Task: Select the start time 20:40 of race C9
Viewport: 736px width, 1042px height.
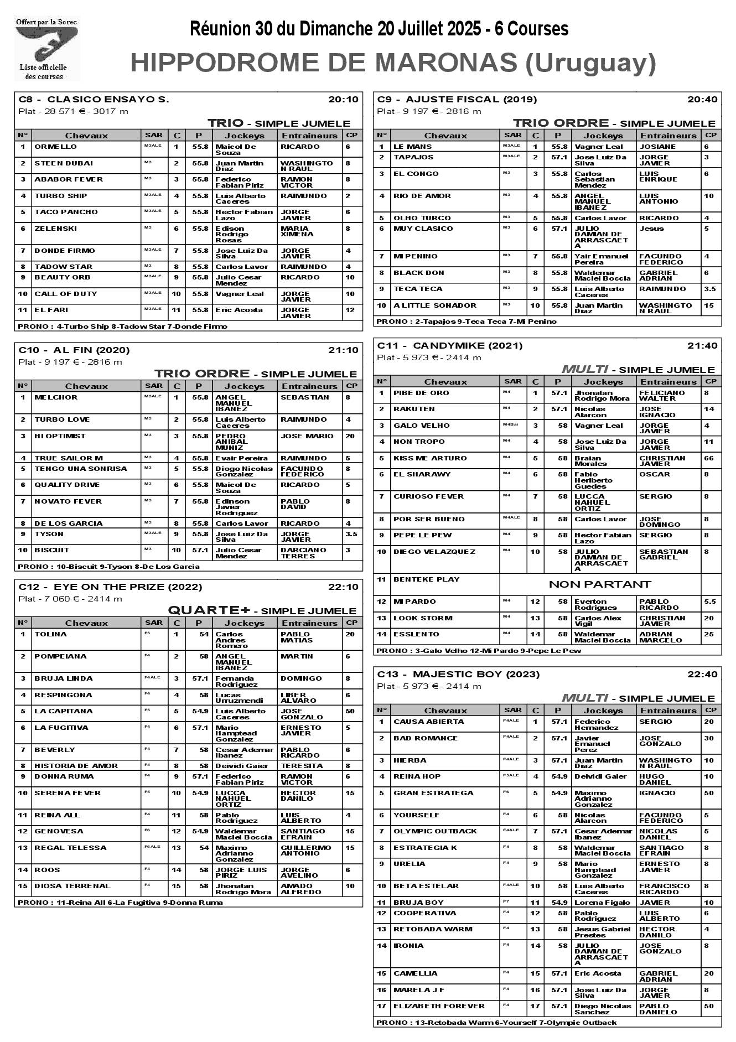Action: click(x=702, y=100)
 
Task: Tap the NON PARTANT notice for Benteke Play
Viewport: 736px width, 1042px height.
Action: click(x=599, y=584)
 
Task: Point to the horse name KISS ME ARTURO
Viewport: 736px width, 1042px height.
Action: click(x=430, y=458)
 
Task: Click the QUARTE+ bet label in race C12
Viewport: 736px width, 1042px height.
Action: click(x=209, y=610)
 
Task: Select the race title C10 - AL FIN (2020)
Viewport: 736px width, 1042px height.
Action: click(x=74, y=350)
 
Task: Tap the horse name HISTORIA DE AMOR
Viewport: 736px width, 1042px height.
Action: click(x=76, y=766)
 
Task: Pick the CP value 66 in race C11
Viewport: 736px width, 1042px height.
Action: click(x=709, y=458)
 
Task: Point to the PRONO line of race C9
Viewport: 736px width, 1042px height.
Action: click(x=467, y=322)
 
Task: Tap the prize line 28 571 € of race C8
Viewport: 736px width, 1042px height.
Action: click(x=73, y=111)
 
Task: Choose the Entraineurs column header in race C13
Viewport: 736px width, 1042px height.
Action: click(x=668, y=711)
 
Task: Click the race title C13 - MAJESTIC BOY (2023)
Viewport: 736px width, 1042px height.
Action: click(x=458, y=675)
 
